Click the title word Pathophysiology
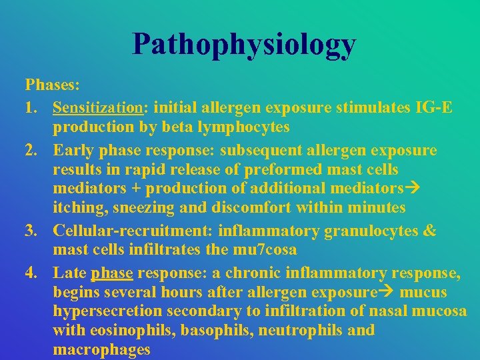pos(244,45)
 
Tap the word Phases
pos(51,86)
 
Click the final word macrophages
pos(102,349)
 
